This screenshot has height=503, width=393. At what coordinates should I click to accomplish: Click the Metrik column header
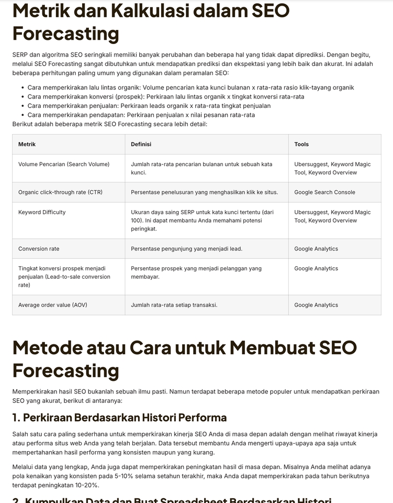click(x=27, y=144)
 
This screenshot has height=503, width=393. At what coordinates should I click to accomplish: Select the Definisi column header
click(x=141, y=144)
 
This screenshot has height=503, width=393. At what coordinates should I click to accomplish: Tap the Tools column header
click(x=301, y=144)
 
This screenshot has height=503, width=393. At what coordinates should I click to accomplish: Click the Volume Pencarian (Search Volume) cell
click(x=64, y=165)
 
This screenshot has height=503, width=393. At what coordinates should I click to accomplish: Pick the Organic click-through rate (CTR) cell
click(x=60, y=192)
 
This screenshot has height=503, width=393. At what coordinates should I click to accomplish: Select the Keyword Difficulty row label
click(x=42, y=212)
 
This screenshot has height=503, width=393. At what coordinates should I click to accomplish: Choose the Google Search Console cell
click(x=324, y=192)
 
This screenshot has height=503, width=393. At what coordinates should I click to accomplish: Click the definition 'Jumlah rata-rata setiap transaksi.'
click(x=174, y=305)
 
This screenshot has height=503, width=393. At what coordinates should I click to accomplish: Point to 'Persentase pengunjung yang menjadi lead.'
click(x=186, y=249)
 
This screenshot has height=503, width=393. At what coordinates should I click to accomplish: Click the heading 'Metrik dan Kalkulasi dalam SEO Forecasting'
click(x=151, y=22)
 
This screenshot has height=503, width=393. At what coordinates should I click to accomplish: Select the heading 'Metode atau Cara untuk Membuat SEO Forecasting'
click(x=184, y=359)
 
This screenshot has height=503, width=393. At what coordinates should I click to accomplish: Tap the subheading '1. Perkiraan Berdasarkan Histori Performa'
click(x=119, y=418)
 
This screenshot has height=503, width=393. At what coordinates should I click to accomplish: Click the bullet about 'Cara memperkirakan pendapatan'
click(x=141, y=115)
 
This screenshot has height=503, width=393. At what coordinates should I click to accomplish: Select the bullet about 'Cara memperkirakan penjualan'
click(x=149, y=106)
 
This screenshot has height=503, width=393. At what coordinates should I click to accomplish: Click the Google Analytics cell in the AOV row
click(x=316, y=305)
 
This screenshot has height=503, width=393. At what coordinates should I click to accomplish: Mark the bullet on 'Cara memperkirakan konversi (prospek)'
click(x=166, y=96)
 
